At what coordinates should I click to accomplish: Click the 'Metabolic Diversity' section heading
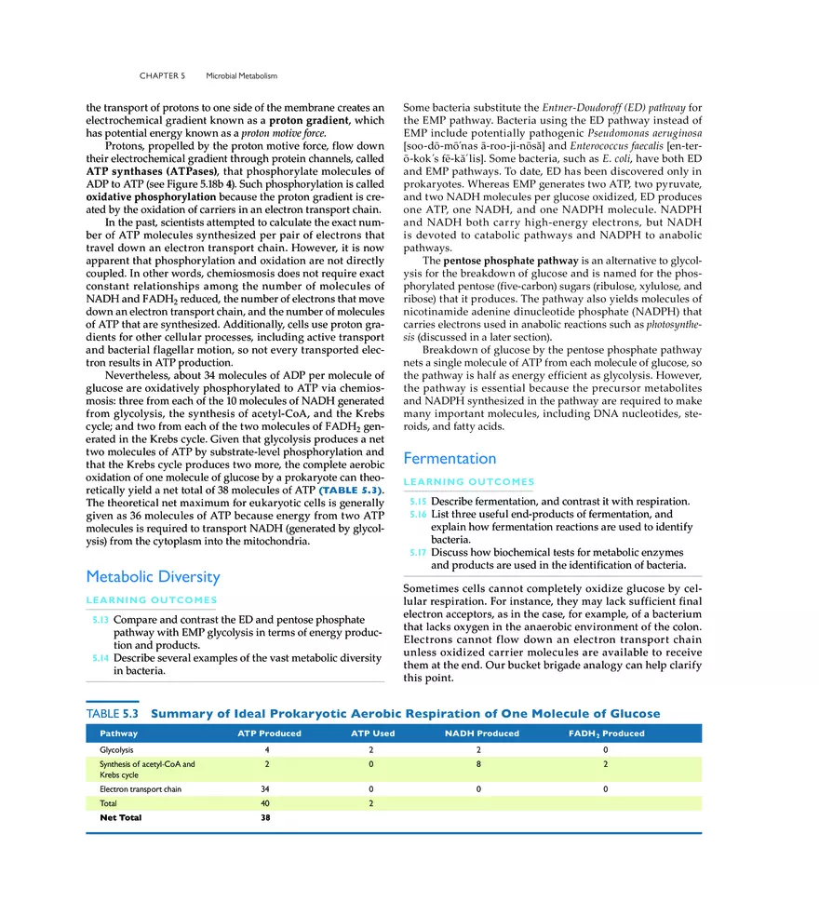tap(152, 577)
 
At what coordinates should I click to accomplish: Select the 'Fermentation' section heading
tap(450, 458)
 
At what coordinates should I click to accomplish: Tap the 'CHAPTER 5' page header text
tap(163, 75)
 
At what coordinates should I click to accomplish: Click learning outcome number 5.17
tap(418, 551)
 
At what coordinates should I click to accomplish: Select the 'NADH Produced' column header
tap(482, 733)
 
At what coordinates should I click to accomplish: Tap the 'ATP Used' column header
tap(372, 733)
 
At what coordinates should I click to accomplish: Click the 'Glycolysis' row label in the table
tap(117, 749)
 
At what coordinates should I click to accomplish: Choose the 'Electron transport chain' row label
tap(141, 788)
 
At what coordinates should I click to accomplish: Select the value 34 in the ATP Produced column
tap(267, 788)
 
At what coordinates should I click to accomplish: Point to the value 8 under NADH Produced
tap(477, 764)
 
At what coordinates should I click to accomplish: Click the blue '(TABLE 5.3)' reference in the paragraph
tap(351, 490)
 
